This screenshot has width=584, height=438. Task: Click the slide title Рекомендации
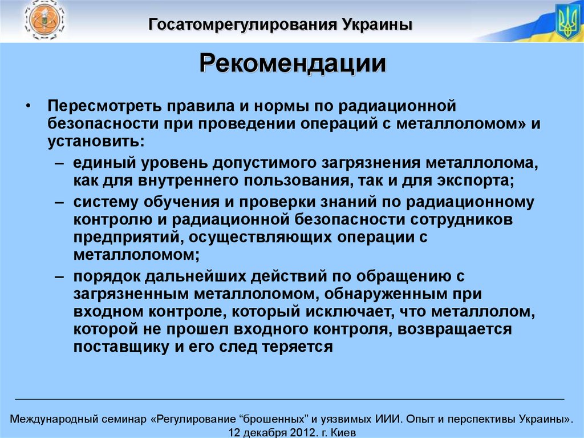coord(292,63)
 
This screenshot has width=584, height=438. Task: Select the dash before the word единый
coord(60,163)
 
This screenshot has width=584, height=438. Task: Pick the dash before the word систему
coord(60,202)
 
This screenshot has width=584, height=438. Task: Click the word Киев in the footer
coord(343,432)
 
